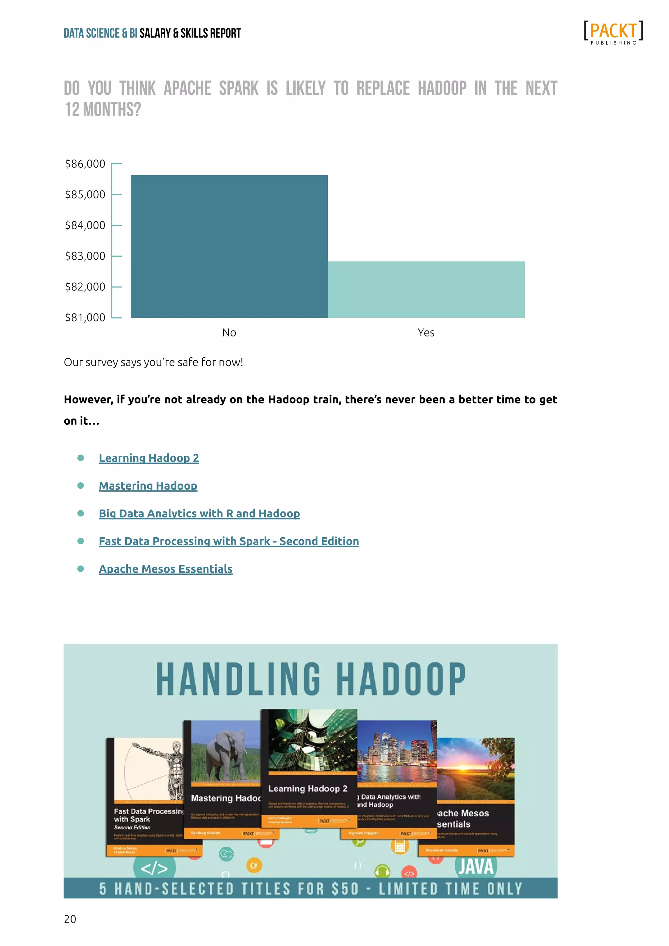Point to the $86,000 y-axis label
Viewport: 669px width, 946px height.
click(x=85, y=164)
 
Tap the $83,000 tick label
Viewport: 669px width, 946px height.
click(x=85, y=256)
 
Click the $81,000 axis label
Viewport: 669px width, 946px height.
click(x=85, y=318)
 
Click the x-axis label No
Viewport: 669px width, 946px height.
click(x=229, y=333)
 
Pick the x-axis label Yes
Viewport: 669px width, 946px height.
click(x=426, y=333)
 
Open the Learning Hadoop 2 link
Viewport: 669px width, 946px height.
click(x=149, y=458)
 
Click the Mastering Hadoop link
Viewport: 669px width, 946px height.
click(x=148, y=486)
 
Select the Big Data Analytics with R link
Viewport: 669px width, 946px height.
click(x=199, y=514)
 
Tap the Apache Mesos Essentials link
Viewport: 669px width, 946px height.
click(x=166, y=569)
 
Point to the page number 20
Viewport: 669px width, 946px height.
click(x=70, y=919)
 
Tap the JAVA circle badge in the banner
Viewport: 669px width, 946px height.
click(x=476, y=867)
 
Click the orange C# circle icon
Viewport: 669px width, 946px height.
click(x=254, y=866)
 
